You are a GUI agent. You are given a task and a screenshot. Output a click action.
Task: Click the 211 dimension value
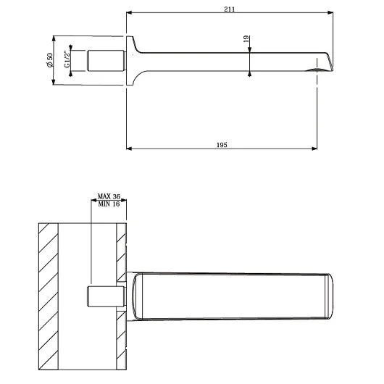pos(230,9)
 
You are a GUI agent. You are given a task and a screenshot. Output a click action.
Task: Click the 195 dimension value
pos(222,145)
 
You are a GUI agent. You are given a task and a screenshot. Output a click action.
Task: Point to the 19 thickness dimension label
pos(246,39)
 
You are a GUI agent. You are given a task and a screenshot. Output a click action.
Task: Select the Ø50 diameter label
pos(50,60)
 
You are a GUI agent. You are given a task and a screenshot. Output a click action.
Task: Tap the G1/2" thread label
pos(67,59)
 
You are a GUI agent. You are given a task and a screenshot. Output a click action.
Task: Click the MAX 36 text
pos(109,196)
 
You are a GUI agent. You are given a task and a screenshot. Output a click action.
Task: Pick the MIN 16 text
pos(109,204)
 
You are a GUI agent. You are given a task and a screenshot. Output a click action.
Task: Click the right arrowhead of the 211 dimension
pos(330,12)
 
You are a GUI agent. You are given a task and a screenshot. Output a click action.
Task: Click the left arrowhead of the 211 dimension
pos(129,12)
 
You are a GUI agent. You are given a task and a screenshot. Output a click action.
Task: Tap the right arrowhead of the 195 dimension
pos(314,149)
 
